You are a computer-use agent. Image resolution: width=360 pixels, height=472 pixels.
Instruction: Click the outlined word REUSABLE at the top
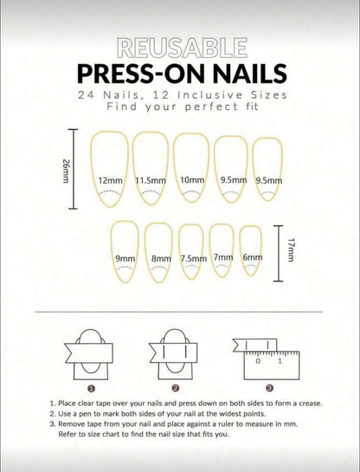tap(179, 48)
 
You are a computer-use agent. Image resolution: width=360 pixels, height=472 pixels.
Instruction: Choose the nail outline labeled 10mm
tap(191, 169)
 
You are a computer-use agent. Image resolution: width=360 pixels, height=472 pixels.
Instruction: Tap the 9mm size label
tap(125, 258)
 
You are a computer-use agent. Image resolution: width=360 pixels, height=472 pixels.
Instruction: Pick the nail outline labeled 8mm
tap(160, 251)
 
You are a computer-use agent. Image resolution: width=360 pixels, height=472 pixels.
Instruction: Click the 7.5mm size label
tap(193, 258)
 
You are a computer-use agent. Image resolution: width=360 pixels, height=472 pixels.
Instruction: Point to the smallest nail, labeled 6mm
tap(252, 251)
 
